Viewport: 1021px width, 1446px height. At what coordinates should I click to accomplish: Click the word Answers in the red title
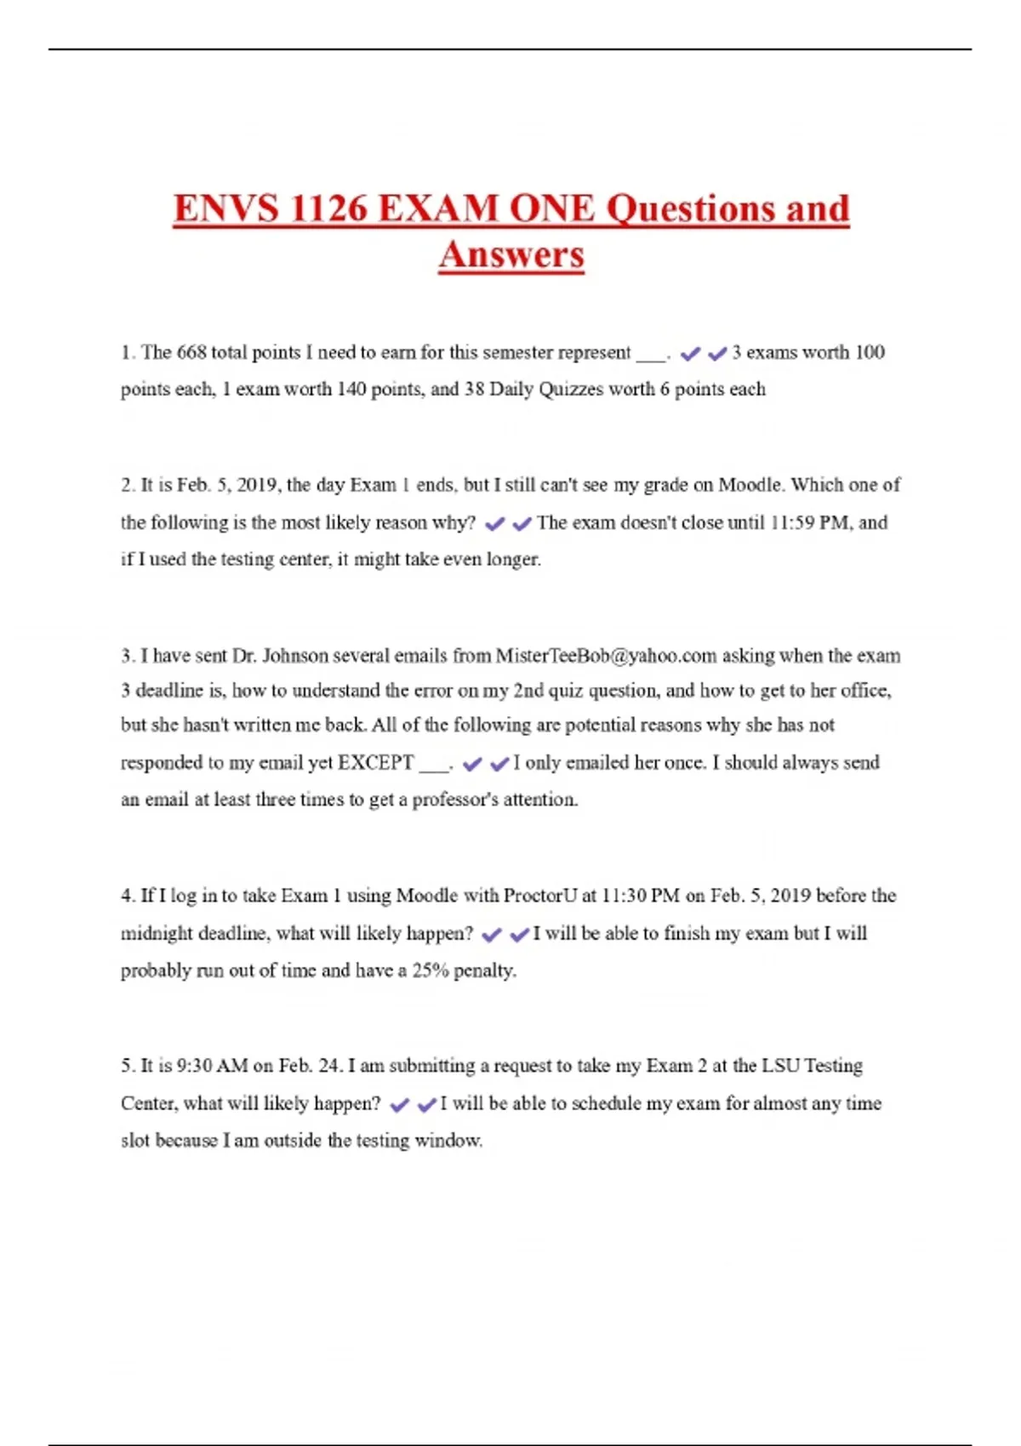click(511, 254)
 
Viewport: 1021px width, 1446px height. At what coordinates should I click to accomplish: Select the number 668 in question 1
click(191, 352)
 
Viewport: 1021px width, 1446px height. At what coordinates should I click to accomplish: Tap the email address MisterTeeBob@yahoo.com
click(606, 656)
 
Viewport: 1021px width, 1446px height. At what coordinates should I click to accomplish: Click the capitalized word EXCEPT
click(375, 762)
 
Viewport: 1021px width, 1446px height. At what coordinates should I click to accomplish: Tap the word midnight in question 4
click(157, 933)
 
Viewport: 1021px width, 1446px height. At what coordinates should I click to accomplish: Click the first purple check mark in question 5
click(399, 1105)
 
